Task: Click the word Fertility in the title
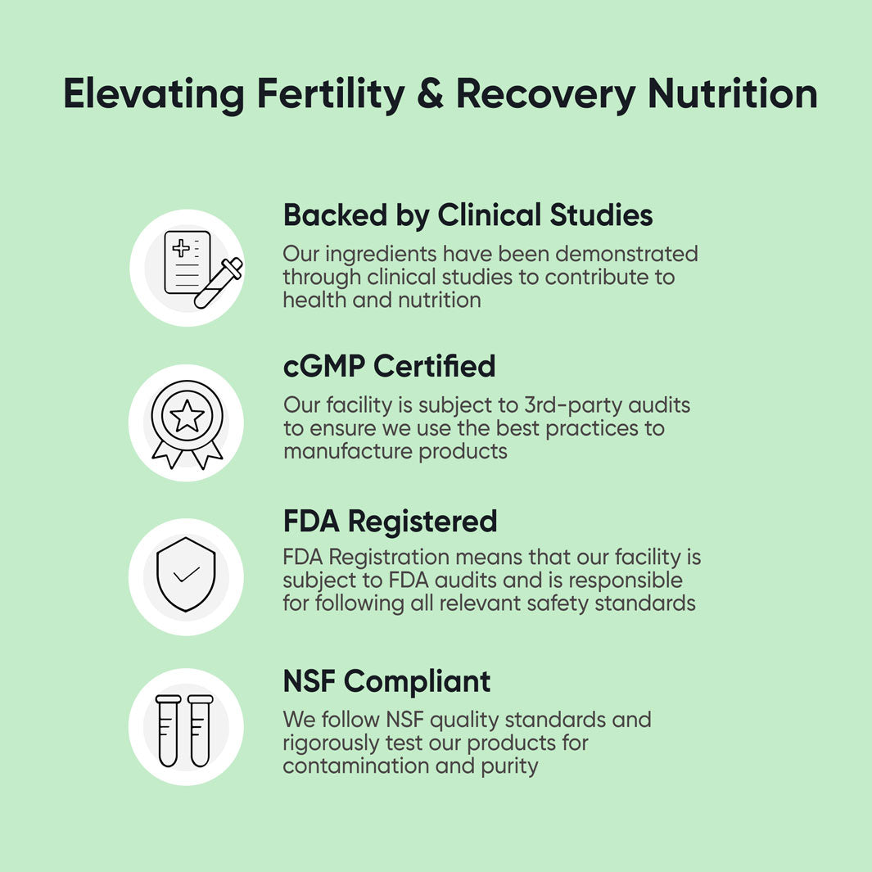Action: [331, 95]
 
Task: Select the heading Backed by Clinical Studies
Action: [468, 215]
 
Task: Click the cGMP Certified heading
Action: [389, 366]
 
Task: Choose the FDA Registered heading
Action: [390, 521]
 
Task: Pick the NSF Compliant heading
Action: [386, 681]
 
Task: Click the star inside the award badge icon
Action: [187, 416]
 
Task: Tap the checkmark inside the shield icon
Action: [187, 574]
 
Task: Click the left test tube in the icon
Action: [169, 730]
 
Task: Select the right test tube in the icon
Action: [201, 730]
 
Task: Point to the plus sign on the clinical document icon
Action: [181, 248]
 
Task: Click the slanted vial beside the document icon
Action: [219, 284]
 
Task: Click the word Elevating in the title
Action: [154, 95]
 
